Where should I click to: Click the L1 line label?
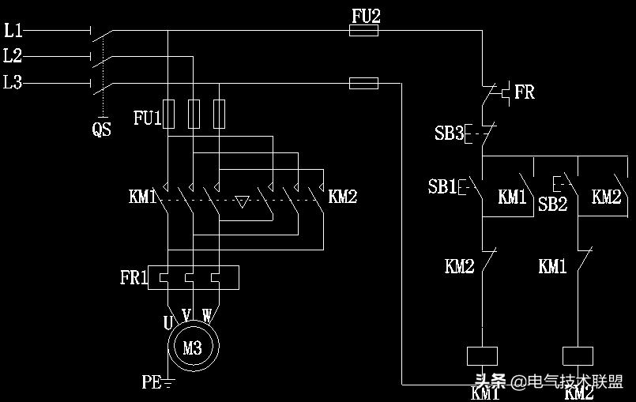(13, 31)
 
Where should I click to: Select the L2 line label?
(13, 56)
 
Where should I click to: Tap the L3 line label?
(13, 82)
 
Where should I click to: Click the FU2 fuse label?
(364, 15)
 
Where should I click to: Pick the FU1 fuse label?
(147, 118)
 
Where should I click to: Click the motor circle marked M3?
(192, 348)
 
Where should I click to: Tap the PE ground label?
(152, 383)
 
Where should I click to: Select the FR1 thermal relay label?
(134, 278)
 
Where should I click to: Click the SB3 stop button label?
(449, 133)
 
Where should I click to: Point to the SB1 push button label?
(442, 187)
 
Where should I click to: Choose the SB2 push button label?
(553, 205)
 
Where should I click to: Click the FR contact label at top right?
(525, 92)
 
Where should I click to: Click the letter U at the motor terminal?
(168, 322)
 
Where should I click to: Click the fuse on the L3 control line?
(363, 83)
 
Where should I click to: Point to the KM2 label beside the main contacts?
(342, 197)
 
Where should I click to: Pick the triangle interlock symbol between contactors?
(243, 201)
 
